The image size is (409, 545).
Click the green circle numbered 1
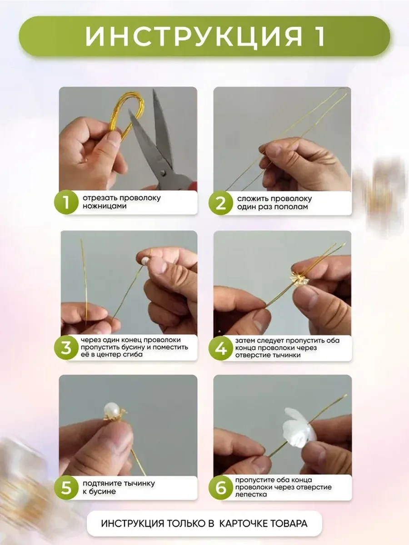(x=66, y=202)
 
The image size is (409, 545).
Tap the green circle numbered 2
(x=221, y=203)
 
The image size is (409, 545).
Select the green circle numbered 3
(x=66, y=347)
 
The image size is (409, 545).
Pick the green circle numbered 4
(x=221, y=348)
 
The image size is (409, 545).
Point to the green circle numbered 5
(x=66, y=487)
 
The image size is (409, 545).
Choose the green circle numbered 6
(x=221, y=487)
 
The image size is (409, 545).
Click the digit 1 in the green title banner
(x=319, y=36)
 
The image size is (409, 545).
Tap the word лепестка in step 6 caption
(x=251, y=494)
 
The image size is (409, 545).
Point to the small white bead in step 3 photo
(x=145, y=260)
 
